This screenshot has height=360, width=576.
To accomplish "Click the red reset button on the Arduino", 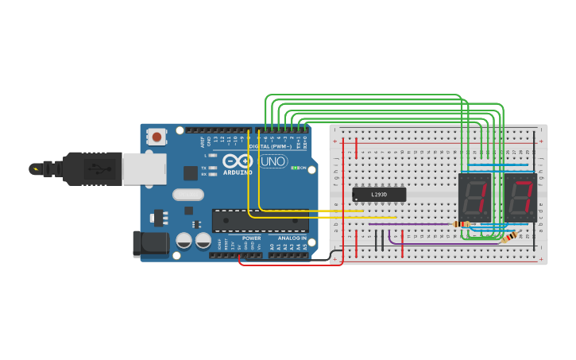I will pyautogui.click(x=157, y=137).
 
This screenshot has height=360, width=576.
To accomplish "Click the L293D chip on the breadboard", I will pyautogui.click(x=379, y=194).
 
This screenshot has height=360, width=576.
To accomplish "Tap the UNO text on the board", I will pyautogui.click(x=273, y=161).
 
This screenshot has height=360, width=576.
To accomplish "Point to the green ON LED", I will pyautogui.click(x=294, y=168).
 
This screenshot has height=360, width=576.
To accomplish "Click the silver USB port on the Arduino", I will pyautogui.click(x=144, y=169).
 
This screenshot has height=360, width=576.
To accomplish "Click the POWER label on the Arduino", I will pyautogui.click(x=251, y=238).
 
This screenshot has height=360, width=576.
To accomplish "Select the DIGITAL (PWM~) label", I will pyautogui.click(x=268, y=147).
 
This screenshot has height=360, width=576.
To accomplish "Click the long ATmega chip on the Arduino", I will pyautogui.click(x=260, y=221).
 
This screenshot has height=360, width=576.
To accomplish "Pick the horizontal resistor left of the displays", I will pyautogui.click(x=461, y=224).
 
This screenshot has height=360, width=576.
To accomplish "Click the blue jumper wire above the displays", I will pyautogui.click(x=499, y=166).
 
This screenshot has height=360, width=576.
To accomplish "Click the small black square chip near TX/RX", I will pyautogui.click(x=191, y=172).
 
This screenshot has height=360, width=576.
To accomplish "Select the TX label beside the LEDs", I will pyautogui.click(x=204, y=168).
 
